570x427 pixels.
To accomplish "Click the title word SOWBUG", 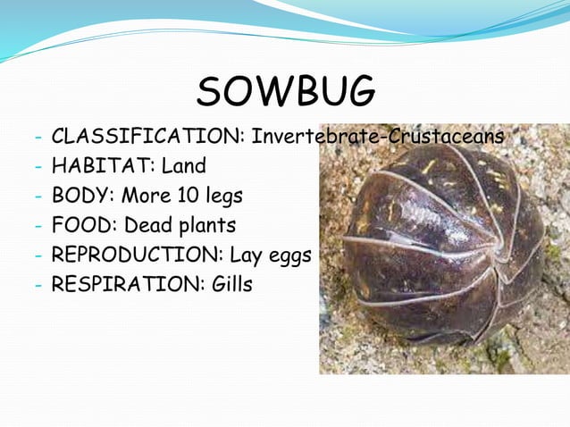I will pyautogui.click(x=286, y=92).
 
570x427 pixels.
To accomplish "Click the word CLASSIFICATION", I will pyautogui.click(x=147, y=138).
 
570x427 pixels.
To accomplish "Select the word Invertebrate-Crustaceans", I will pyautogui.click(x=378, y=138).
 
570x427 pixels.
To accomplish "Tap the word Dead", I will pyautogui.click(x=148, y=225).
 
